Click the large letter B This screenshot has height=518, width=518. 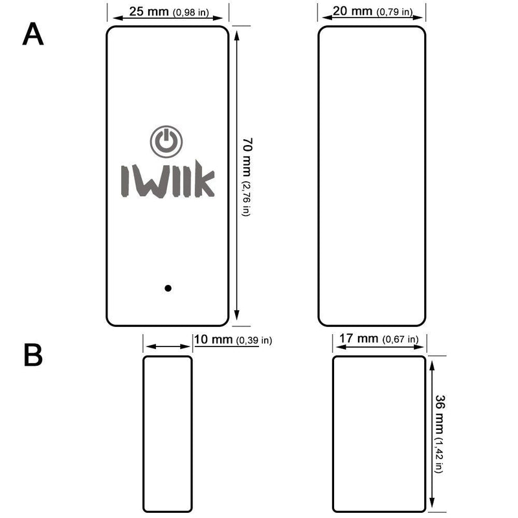pyautogui.click(x=33, y=355)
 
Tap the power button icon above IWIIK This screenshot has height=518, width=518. pyautogui.click(x=166, y=141)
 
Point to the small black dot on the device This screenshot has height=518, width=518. pyautogui.click(x=168, y=288)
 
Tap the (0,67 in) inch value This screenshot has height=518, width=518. pyautogui.click(x=400, y=339)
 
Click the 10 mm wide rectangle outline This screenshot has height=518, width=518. pyautogui.click(x=168, y=433)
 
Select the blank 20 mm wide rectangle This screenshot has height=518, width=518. pyautogui.click(x=372, y=176)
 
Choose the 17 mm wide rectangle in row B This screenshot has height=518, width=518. pyautogui.click(x=379, y=433)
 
